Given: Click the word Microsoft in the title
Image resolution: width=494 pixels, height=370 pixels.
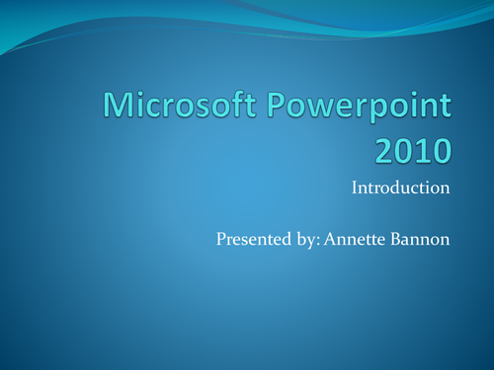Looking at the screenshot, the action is click(x=180, y=105).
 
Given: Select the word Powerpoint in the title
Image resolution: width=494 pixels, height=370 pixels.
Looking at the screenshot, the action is click(x=359, y=107).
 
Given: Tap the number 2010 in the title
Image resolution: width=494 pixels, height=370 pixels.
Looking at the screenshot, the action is click(x=413, y=151).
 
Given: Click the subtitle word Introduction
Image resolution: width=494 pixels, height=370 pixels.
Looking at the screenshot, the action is click(x=400, y=187).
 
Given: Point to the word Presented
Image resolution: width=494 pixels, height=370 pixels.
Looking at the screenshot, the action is click(x=254, y=239).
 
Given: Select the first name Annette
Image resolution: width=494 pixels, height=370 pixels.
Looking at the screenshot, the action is click(x=355, y=239).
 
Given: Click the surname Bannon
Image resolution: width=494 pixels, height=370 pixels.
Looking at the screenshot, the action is click(x=420, y=239).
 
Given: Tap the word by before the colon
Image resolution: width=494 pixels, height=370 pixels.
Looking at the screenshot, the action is click(x=306, y=240).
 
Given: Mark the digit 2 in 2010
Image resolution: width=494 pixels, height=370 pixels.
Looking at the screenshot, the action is click(x=384, y=151).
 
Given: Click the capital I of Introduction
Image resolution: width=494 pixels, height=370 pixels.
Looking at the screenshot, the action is click(x=355, y=187).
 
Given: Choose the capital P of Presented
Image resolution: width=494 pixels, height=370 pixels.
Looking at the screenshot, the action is click(x=221, y=239).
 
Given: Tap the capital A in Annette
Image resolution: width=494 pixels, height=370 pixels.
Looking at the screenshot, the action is click(x=331, y=239).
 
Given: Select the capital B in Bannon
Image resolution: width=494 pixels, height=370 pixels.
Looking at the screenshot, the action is click(x=396, y=239).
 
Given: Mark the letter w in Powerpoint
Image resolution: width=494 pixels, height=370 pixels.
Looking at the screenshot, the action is click(x=320, y=109).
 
